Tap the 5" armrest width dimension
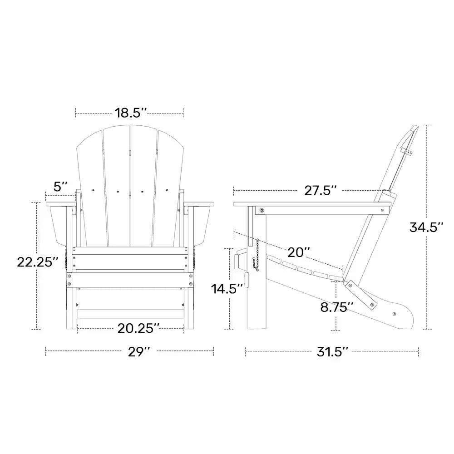[x=60, y=187]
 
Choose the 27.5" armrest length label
[x=321, y=191]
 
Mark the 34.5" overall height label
[x=426, y=227]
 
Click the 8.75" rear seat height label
[x=336, y=307]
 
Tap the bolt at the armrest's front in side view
[x=262, y=210]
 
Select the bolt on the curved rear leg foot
[x=394, y=314]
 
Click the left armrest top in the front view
[x=61, y=203]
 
